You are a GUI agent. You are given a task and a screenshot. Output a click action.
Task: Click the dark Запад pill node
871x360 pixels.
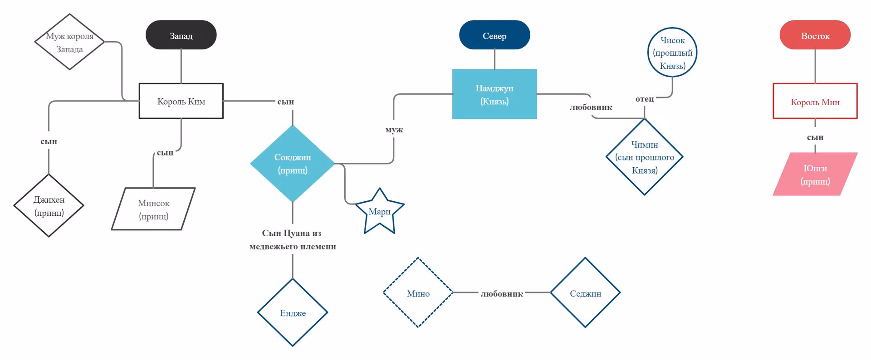tap(181, 35)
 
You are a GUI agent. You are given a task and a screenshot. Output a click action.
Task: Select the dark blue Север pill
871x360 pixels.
tap(494, 35)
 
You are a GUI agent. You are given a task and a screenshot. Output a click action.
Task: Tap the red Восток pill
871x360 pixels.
tap(815, 35)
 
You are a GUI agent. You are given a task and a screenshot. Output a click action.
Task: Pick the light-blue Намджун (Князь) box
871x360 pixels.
tap(494, 94)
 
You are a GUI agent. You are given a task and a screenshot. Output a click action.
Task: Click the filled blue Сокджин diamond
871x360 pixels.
tap(293, 163)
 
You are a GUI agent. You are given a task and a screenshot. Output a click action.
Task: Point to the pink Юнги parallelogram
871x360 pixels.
tap(815, 174)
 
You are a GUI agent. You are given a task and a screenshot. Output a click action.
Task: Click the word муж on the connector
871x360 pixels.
tap(394, 130)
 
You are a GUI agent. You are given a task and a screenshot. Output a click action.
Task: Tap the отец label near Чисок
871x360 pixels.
tap(645, 98)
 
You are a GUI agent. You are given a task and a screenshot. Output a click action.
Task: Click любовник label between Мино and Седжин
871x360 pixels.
tap(502, 294)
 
